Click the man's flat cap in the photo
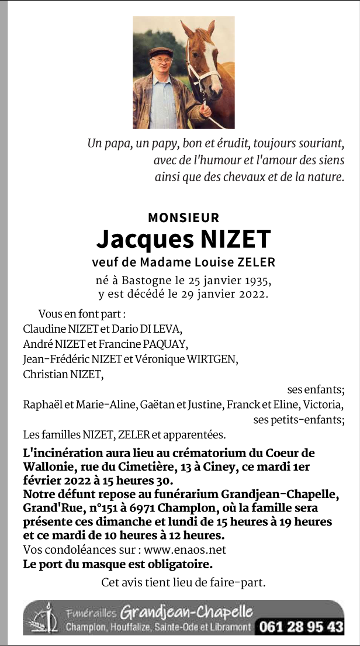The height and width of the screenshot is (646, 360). coord(161,52)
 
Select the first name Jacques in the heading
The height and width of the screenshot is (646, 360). coord(139,239)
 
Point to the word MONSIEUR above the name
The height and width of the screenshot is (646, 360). coord(184,217)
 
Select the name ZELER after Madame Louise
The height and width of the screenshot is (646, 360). coord(255,262)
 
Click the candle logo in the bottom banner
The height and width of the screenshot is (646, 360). coord(46,618)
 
